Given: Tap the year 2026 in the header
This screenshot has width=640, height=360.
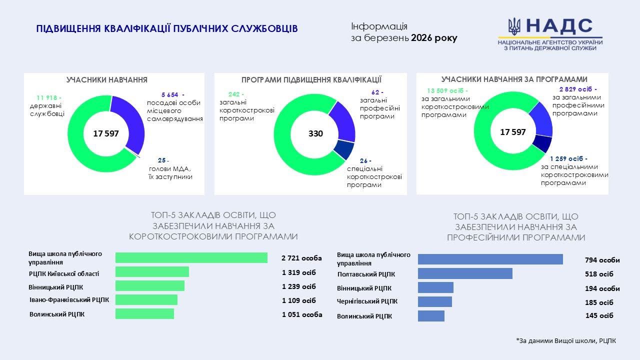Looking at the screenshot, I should click(x=422, y=38).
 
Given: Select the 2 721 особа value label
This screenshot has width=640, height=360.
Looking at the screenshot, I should click(x=301, y=258).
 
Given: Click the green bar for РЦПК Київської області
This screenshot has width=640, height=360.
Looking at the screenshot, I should click(x=152, y=272).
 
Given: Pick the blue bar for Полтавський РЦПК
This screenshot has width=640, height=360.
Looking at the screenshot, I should click(x=465, y=273).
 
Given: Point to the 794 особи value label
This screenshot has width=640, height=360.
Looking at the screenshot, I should click(x=602, y=260).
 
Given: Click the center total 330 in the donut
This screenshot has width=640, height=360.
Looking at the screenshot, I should click(x=315, y=134).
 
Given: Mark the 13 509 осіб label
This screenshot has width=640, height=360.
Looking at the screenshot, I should click(x=447, y=91).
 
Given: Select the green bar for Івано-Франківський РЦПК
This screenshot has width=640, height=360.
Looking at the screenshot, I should click(x=146, y=299).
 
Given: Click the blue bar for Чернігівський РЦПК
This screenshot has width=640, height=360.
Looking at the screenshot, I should click(x=434, y=302).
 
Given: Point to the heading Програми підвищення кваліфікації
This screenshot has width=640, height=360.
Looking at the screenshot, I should click(x=311, y=80).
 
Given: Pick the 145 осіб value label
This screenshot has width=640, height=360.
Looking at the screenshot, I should click(x=599, y=315).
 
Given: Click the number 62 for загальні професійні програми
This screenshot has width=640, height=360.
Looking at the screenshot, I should click(x=377, y=92).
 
